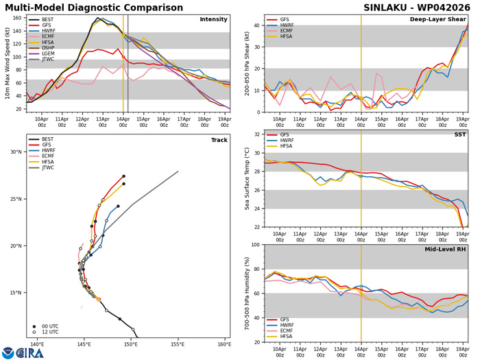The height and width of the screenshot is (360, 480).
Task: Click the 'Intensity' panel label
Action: coord(213,19)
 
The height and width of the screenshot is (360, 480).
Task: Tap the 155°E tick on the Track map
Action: coord(178,345)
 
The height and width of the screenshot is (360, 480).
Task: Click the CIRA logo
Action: coord(23,352)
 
